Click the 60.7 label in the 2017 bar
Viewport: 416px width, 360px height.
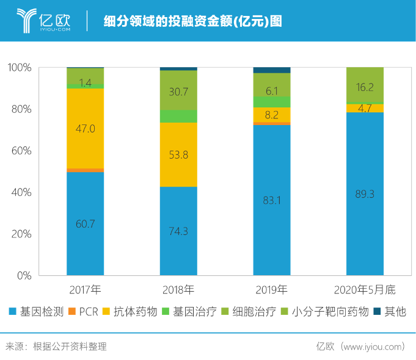click(86, 224)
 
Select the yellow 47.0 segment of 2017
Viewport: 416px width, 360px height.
click(86, 128)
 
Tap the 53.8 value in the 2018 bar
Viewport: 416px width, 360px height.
click(178, 155)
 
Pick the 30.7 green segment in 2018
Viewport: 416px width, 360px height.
click(178, 91)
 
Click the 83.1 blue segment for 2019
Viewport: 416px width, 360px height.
click(271, 200)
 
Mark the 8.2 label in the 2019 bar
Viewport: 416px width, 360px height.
click(271, 115)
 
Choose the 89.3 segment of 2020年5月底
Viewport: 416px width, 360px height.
click(364, 193)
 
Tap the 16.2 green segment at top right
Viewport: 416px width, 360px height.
click(364, 87)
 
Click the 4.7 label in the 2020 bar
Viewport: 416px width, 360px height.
click(364, 109)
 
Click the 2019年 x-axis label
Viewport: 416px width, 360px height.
click(271, 289)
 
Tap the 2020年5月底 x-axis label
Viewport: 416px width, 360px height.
click(365, 289)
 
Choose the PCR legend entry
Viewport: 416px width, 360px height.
click(84, 312)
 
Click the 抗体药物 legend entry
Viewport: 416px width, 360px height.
click(128, 312)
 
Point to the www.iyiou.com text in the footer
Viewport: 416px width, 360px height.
click(373, 347)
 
